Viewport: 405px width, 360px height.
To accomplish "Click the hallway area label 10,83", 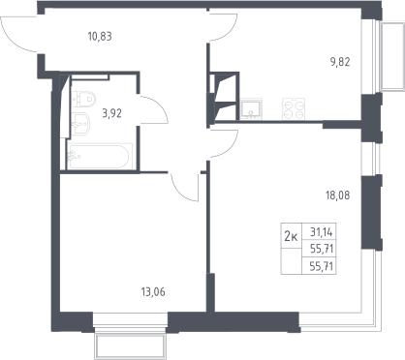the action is tap(100, 37).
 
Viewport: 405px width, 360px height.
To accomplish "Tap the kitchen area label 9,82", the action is tap(340, 62).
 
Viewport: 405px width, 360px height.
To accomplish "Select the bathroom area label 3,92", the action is tap(111, 113).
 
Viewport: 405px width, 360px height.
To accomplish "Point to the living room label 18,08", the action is tap(338, 195).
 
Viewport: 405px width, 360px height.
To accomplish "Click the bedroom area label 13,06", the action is tap(153, 292).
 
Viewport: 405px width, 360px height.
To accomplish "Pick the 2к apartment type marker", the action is tap(291, 237).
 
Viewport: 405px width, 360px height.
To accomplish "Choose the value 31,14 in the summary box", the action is tap(322, 232).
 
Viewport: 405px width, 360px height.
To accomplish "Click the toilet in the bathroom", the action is tap(84, 100).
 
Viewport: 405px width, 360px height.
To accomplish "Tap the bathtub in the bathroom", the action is tap(100, 156).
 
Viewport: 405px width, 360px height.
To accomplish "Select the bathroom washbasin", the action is tap(80, 123).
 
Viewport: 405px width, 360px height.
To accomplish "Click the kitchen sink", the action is tap(251, 109).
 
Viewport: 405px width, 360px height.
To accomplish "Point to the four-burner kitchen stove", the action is tap(294, 109).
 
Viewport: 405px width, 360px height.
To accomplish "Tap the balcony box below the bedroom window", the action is tap(130, 347).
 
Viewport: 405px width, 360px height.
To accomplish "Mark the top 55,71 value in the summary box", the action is tap(322, 249).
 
